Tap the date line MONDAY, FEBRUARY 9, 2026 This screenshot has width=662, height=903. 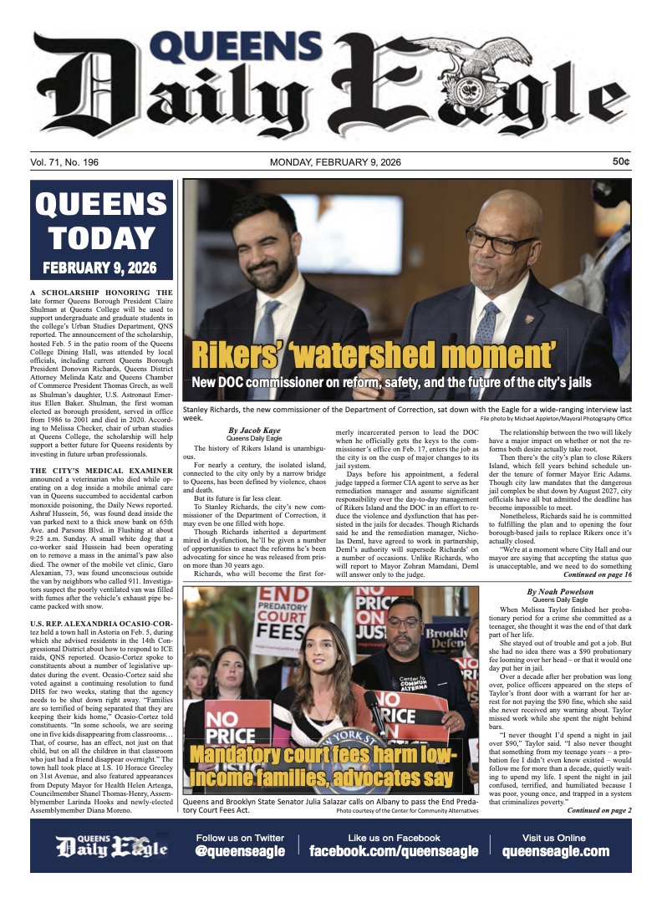pyautogui.click(x=330, y=162)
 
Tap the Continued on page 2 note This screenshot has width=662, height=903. pyautogui.click(x=599, y=810)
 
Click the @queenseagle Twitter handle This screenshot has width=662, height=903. pyautogui.click(x=240, y=852)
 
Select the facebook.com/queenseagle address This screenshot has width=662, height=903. pyautogui.click(x=394, y=852)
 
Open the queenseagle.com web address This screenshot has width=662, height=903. pyautogui.click(x=555, y=852)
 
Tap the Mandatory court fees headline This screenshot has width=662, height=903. pyautogui.click(x=322, y=768)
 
